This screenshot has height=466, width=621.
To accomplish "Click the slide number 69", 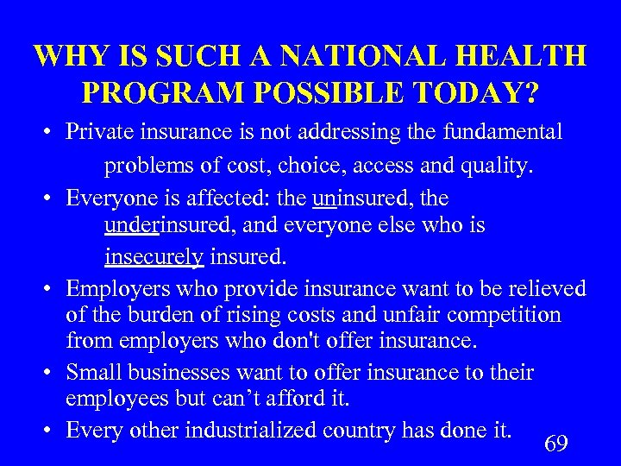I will point(556,444).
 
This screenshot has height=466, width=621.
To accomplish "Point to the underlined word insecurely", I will point(154,256).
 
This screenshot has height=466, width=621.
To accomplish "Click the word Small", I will point(91,373).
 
